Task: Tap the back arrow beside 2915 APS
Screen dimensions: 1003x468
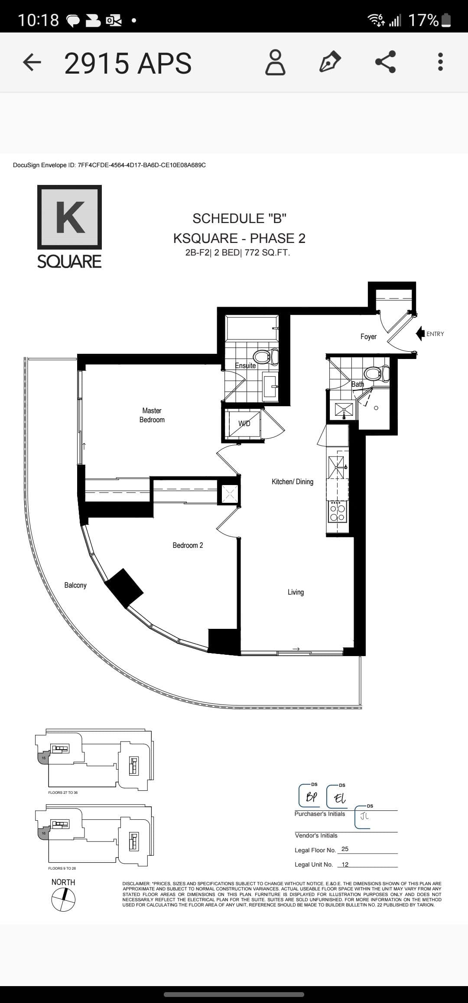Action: tap(32, 63)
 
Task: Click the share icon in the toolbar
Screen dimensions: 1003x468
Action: tap(385, 62)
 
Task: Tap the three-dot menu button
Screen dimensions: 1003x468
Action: tap(440, 62)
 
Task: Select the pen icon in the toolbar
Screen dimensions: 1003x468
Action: tap(330, 62)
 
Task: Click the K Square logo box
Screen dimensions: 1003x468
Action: tap(69, 217)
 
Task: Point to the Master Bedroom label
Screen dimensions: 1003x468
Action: tap(152, 415)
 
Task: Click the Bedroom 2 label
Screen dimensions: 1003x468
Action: tap(188, 545)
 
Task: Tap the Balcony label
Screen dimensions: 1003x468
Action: tap(75, 585)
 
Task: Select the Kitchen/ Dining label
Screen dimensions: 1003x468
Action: tap(292, 482)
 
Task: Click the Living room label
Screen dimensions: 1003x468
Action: tap(296, 592)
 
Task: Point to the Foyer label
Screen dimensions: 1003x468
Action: tap(368, 336)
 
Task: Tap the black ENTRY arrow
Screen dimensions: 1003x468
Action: tap(419, 333)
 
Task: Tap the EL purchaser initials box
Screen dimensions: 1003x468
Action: tap(338, 797)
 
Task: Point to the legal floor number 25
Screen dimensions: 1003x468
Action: tap(345, 849)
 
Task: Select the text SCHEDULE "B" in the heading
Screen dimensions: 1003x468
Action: tap(239, 218)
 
